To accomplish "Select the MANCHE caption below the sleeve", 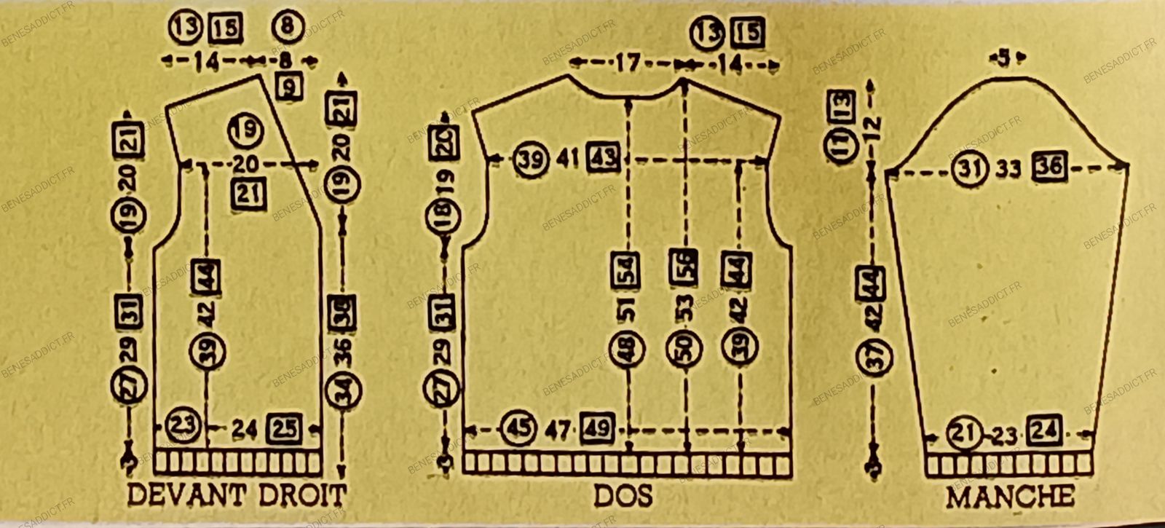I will point(1009,497).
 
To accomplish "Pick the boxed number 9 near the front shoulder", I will point(290,89).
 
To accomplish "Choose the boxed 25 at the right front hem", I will point(284,429).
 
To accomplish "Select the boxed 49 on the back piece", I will point(596,428).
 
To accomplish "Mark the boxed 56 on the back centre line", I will point(683,267).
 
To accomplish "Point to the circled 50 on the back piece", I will point(684,347).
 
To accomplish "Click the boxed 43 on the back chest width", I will point(604,158).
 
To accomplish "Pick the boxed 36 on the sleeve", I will point(1049,169).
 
